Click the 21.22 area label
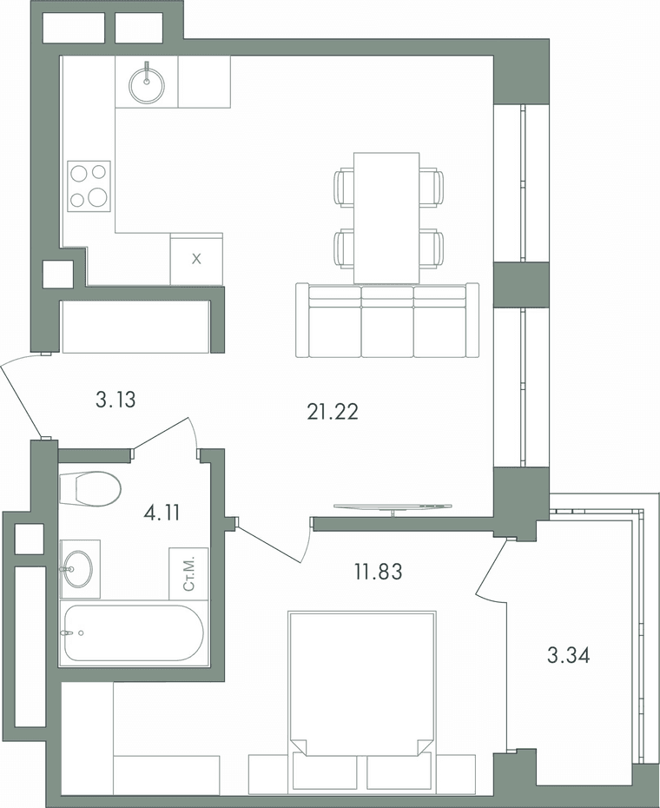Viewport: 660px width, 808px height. (x=333, y=412)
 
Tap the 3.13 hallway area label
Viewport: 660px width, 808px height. (x=115, y=400)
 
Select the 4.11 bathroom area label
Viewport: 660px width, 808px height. (x=162, y=513)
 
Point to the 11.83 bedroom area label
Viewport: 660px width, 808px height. (x=378, y=572)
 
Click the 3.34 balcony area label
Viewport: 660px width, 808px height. (x=568, y=656)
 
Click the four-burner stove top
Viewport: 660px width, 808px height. (x=89, y=186)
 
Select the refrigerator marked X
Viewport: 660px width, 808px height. (x=197, y=259)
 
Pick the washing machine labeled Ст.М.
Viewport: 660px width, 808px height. (x=189, y=573)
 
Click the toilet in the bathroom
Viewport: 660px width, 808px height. (x=90, y=488)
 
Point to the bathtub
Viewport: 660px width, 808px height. (x=135, y=633)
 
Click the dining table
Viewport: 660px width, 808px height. (x=386, y=218)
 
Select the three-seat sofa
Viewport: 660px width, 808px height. (x=387, y=320)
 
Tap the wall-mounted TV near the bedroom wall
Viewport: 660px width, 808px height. (x=393, y=507)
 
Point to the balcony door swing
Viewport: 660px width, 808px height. (x=493, y=570)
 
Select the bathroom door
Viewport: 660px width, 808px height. (x=165, y=435)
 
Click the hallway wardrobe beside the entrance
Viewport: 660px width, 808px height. (x=136, y=327)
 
